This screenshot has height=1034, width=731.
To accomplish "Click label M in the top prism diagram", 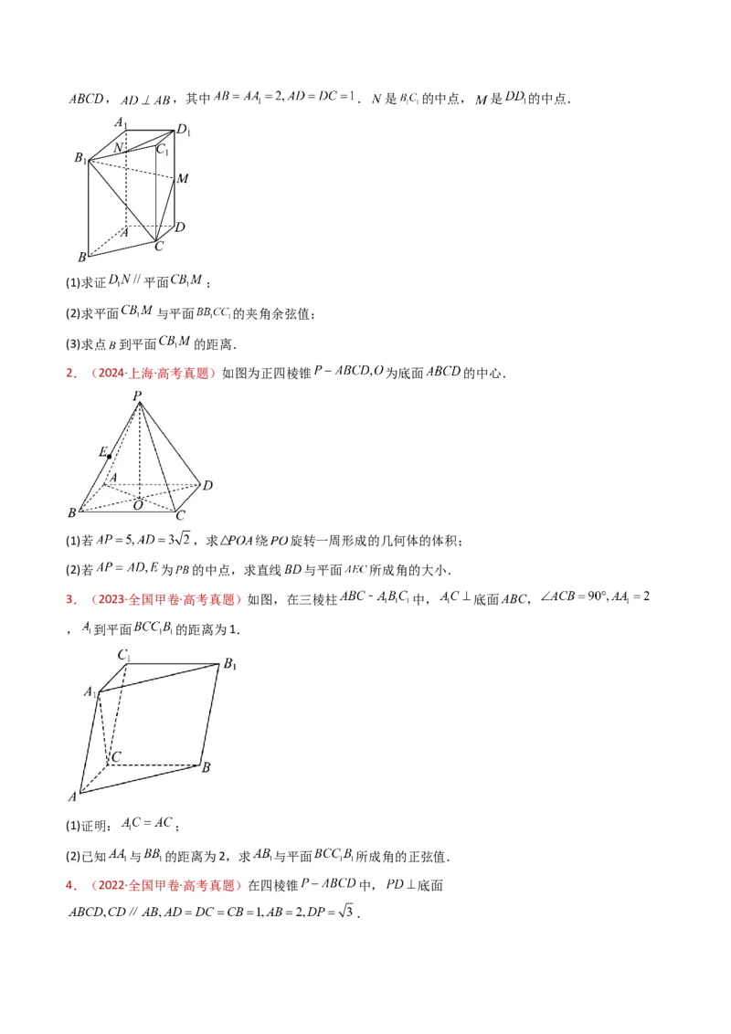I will coord(183,179).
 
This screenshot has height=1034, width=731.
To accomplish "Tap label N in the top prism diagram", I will coord(119,147).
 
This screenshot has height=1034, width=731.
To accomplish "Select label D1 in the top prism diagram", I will coord(185,132).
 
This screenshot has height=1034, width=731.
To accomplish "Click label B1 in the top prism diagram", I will coord(80,158).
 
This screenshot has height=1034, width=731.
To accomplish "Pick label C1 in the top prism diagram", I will coord(162,149).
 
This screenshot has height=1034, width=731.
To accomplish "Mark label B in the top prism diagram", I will coord(82,258).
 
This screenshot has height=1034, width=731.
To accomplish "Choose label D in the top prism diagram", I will coord(180,227).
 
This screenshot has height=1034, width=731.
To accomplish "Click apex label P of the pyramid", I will coord(137,396).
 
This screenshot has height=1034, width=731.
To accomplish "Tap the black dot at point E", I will coord(109,455).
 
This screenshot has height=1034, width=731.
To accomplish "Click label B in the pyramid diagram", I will coord(71,515).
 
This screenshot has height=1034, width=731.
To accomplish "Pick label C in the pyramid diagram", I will coord(180,517).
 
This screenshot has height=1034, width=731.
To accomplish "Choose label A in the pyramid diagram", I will coord(113,478).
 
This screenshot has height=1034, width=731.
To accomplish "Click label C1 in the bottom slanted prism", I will coord(123,654).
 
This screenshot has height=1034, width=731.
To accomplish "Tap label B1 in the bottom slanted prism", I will coord(230,664).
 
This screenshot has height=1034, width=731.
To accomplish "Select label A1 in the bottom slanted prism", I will coord(90,692).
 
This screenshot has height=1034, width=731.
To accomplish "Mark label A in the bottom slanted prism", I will coord(72,797).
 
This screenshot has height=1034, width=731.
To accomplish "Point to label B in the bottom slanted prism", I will coord(207,767).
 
